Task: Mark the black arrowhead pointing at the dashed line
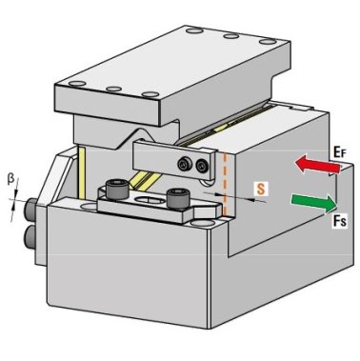pyautogui.click(x=226, y=196)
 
